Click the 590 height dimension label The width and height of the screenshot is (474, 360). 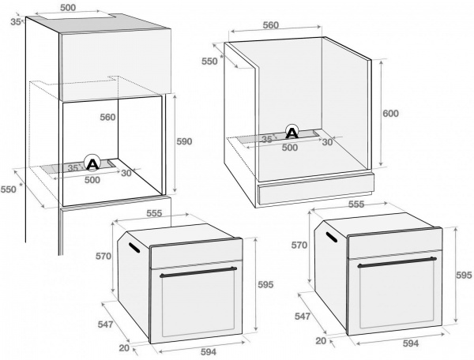click(183, 141)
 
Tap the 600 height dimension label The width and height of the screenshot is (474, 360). click(390, 113)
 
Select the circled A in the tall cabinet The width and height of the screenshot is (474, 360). click(92, 163)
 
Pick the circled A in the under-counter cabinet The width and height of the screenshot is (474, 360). click(292, 132)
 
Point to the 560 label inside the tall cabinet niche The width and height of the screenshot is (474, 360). click(107, 118)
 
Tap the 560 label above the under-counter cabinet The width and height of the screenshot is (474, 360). click(270, 25)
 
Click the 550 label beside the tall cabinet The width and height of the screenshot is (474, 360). click(8, 189)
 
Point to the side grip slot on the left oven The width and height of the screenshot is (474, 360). click(134, 248)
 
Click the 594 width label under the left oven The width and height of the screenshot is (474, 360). click(208, 353)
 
